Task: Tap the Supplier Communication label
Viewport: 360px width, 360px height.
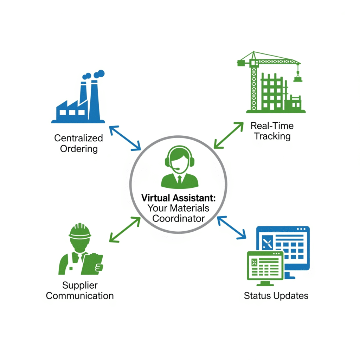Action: click(80, 290)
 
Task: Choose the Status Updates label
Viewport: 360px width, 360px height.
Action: click(276, 295)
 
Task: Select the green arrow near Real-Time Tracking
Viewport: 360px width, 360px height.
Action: click(228, 135)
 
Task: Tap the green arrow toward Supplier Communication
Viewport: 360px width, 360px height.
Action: click(124, 230)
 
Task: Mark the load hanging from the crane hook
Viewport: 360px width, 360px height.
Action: click(298, 78)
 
